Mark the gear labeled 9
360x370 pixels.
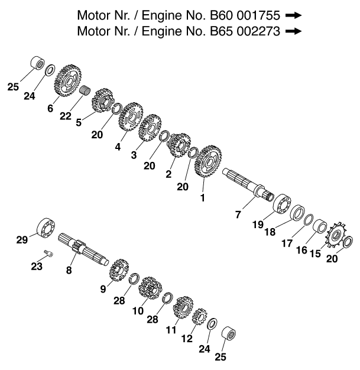[120, 269]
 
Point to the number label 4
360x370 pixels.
[118, 146]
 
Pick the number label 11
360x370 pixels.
[171, 330]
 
